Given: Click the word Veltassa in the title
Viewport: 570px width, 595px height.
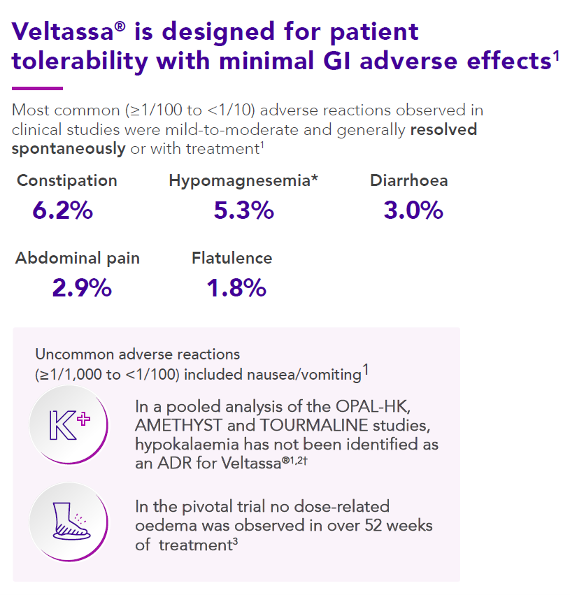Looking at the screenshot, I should click(61, 31).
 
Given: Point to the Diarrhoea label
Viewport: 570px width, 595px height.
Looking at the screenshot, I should click(409, 180).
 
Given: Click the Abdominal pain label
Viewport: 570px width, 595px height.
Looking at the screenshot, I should click(78, 258).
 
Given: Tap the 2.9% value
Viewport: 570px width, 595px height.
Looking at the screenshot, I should click(82, 287).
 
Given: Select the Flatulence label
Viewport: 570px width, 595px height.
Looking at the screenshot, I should click(232, 258).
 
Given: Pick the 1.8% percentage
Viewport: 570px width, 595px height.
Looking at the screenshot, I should click(236, 287).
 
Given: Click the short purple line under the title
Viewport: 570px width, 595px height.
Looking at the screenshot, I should click(38, 89).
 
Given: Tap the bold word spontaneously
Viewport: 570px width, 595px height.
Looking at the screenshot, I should click(69, 148).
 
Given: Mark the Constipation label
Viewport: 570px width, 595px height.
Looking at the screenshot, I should click(67, 180).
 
